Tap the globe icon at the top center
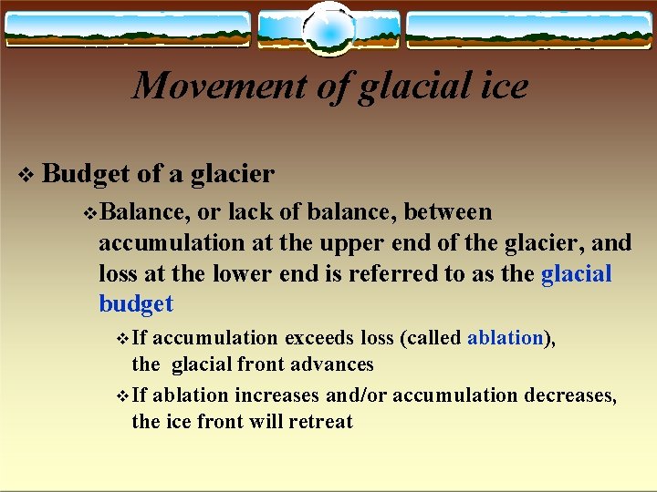pos(328,29)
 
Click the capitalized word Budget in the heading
pos(86,173)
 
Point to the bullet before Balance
pos(89,213)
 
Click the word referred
pos(416,274)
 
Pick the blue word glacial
pos(576,274)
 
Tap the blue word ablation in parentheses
pos(505,338)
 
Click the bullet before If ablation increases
pos(124,396)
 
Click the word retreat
pos(319,422)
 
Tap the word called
pos(430,338)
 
